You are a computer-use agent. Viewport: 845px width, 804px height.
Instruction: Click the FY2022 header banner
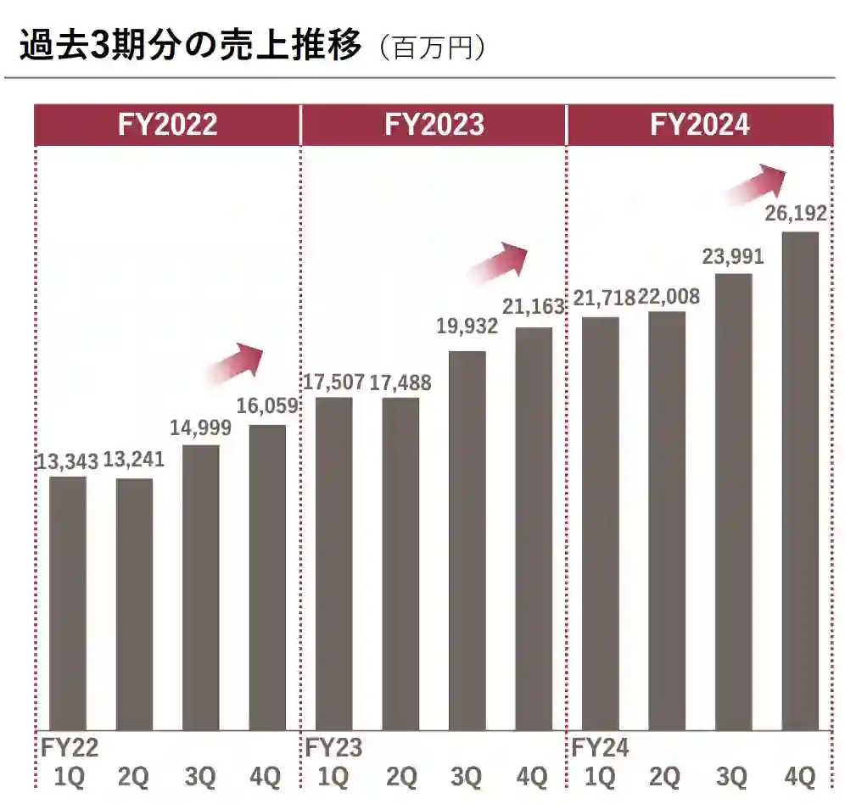(167, 125)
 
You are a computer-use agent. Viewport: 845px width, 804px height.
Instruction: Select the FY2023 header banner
(434, 125)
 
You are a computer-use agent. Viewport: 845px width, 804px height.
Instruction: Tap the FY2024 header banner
(700, 125)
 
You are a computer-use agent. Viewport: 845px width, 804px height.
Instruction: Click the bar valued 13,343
(68, 602)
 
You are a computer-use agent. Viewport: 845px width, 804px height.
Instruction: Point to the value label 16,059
(267, 407)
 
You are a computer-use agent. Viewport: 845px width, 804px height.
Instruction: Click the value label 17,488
(400, 382)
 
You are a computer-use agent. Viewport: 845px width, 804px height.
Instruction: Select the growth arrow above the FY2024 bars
(757, 182)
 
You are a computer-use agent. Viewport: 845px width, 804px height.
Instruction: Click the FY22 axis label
(70, 748)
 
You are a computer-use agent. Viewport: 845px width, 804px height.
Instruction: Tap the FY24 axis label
(600, 748)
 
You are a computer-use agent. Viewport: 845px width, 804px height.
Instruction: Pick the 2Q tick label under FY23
(400, 776)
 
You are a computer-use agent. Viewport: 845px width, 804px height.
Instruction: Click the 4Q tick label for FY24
(799, 776)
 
